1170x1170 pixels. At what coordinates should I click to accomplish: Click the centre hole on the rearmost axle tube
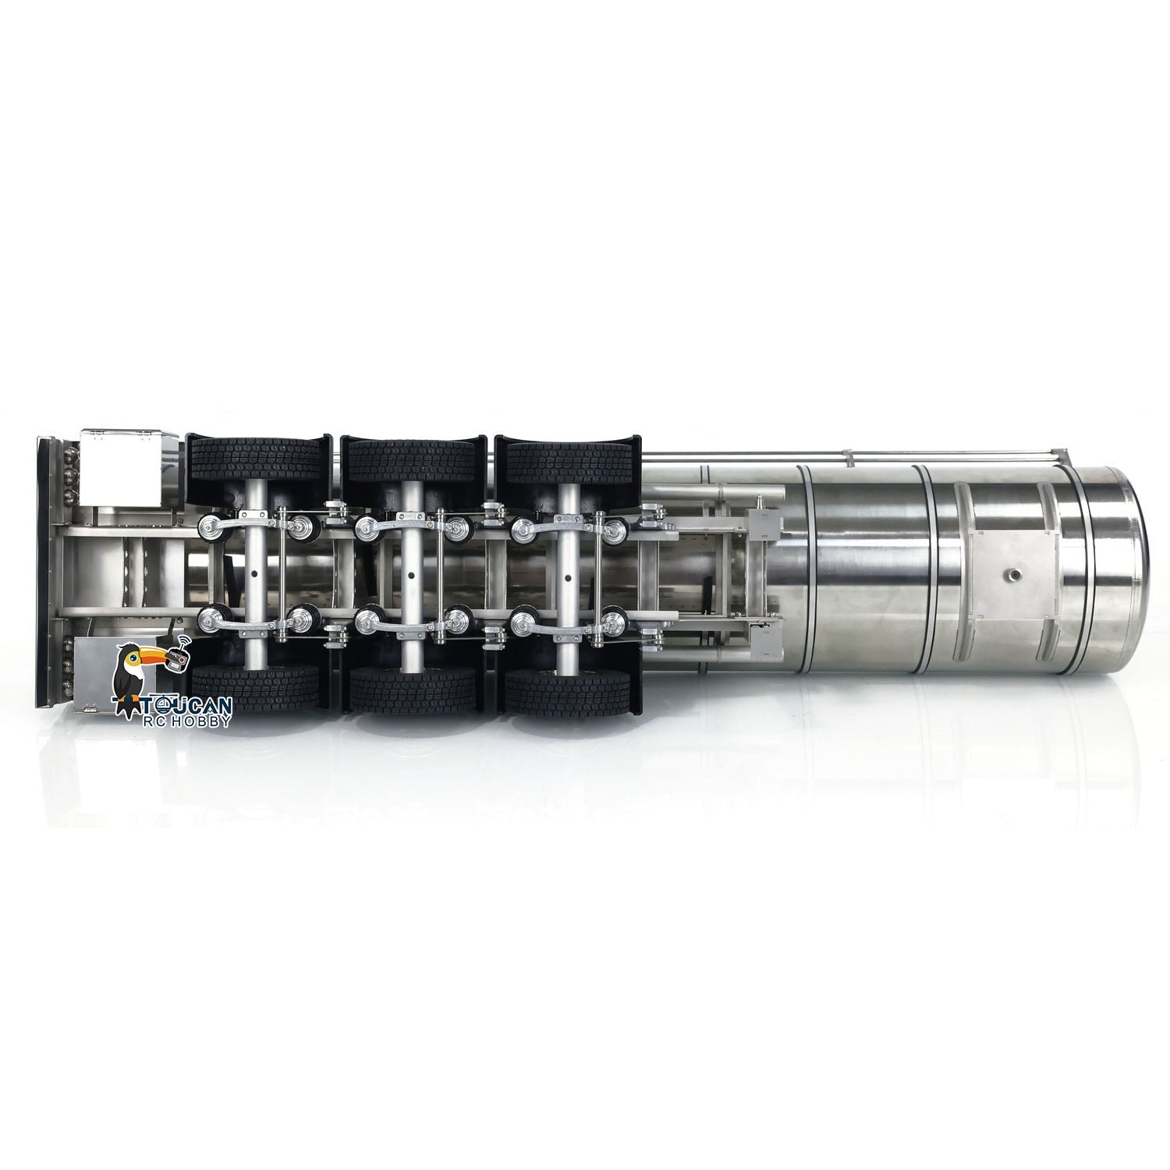tap(256, 577)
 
